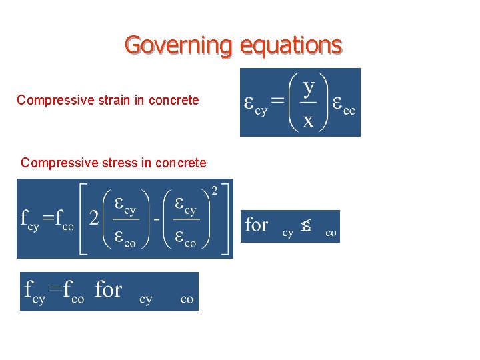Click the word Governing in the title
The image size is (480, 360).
click(178, 45)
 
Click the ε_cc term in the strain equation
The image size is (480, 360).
click(344, 105)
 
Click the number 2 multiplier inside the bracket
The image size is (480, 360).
click(95, 219)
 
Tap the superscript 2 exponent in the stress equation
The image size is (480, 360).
click(215, 192)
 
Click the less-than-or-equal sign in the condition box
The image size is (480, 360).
click(306, 225)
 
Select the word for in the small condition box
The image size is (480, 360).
click(257, 224)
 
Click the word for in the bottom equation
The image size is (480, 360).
click(109, 290)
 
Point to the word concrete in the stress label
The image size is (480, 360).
click(181, 163)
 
